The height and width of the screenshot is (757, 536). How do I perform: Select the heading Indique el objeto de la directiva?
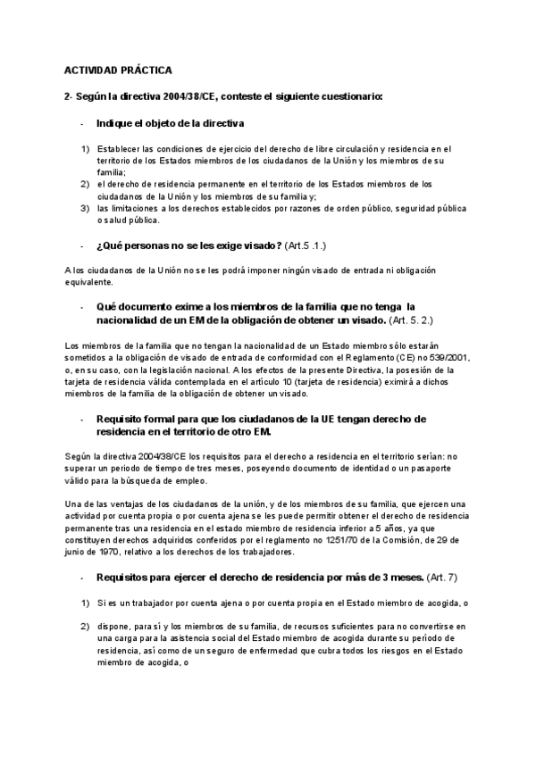170,123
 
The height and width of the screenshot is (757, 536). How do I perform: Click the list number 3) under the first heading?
85,207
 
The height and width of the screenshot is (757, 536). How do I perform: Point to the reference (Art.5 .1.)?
312,245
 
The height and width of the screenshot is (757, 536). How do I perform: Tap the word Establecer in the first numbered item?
121,149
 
